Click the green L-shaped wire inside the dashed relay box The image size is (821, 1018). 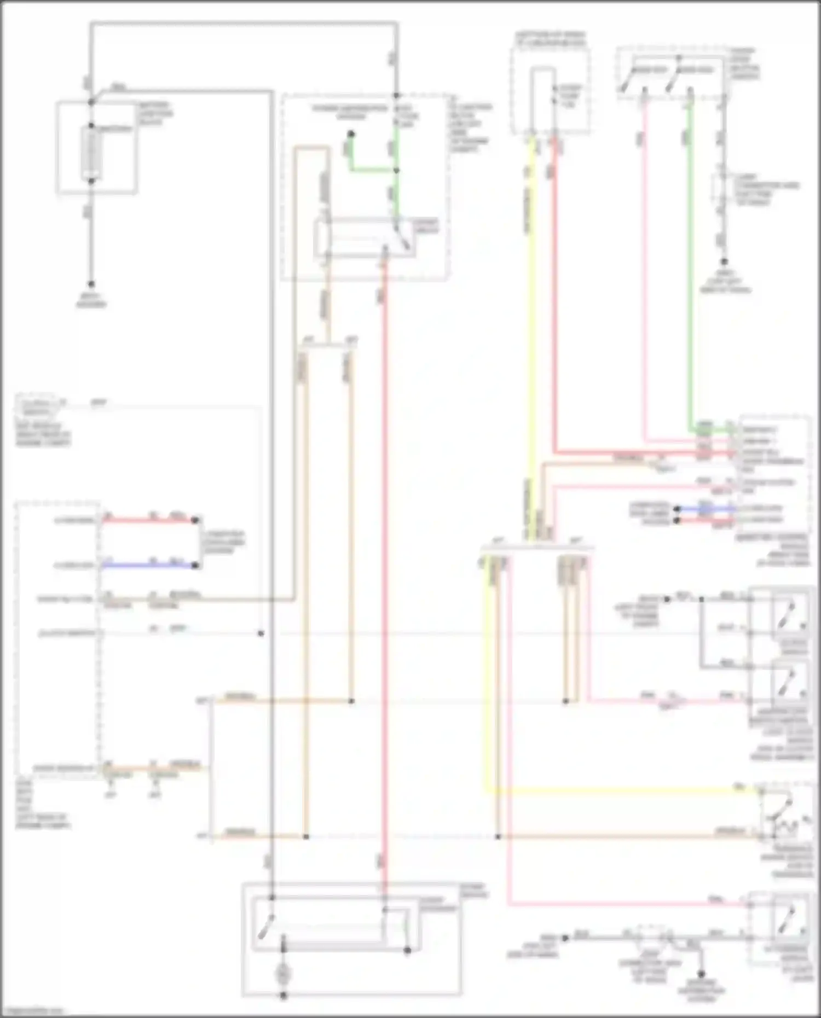point(372,170)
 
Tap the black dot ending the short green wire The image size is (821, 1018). point(351,134)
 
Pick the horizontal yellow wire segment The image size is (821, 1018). point(618,791)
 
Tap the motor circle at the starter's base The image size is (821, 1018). point(284,973)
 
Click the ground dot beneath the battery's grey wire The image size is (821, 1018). point(91,284)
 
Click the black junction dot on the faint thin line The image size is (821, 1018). point(261,633)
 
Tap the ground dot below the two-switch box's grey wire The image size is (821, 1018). point(724,262)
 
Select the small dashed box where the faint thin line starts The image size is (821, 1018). point(37,405)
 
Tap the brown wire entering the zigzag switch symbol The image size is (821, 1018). point(629,836)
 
